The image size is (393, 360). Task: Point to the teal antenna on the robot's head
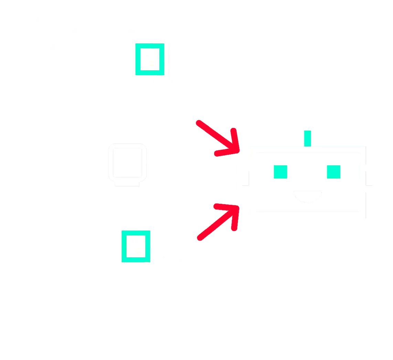click(x=307, y=137)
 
